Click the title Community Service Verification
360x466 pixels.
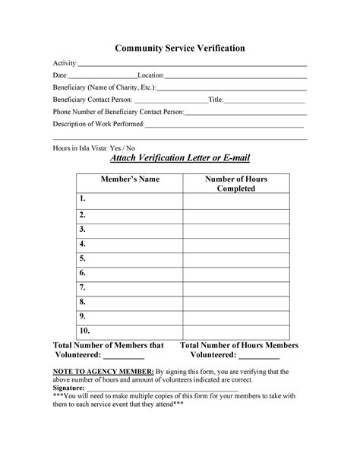click(x=179, y=48)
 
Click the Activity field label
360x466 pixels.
click(x=65, y=62)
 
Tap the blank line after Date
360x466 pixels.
click(x=103, y=76)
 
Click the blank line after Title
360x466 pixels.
click(x=264, y=100)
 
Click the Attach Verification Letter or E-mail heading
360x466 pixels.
click(x=180, y=158)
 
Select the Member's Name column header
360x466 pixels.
click(x=129, y=179)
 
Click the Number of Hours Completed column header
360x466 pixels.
click(x=235, y=184)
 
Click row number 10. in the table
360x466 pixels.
click(x=84, y=331)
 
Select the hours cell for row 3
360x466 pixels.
click(x=235, y=229)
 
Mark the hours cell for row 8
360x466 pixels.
click(x=235, y=302)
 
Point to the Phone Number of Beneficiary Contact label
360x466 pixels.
click(x=118, y=112)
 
